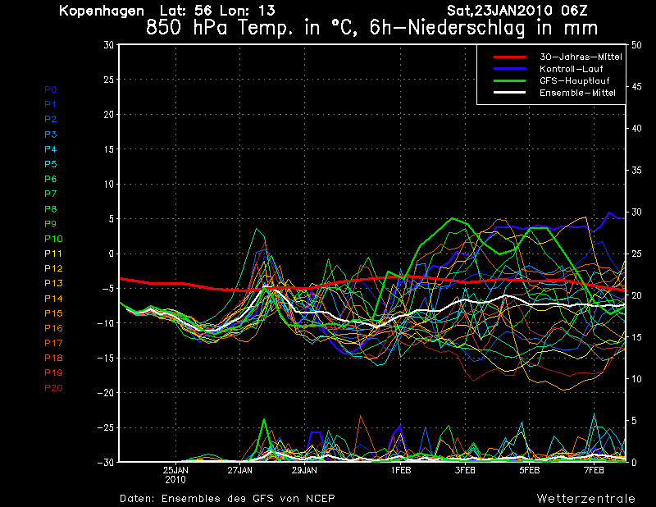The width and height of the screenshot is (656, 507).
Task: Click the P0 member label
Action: tap(51, 89)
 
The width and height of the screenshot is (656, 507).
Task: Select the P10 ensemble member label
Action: tap(53, 239)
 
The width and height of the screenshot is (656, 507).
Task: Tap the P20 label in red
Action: tap(53, 388)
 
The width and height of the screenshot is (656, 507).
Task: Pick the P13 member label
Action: tap(53, 283)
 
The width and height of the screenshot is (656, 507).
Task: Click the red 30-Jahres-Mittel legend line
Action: tap(509, 57)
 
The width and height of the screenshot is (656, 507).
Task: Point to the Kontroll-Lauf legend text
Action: tap(571, 69)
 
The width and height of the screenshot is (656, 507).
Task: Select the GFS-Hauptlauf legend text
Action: tap(575, 80)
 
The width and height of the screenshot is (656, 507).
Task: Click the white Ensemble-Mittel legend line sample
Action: tap(509, 93)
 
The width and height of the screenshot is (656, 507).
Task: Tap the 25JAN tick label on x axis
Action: tap(175, 470)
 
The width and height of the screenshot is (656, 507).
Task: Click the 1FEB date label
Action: tap(401, 470)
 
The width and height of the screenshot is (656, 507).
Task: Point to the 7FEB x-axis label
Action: tap(594, 470)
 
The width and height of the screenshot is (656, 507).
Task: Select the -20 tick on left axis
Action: tap(106, 393)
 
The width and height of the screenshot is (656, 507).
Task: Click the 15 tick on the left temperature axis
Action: tap(109, 149)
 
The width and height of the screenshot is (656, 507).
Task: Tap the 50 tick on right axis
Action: tap(636, 45)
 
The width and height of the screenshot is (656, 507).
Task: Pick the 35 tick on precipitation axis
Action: tap(636, 170)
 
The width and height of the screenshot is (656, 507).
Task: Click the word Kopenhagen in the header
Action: tap(102, 11)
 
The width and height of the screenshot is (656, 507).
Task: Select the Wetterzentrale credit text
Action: tap(586, 498)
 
